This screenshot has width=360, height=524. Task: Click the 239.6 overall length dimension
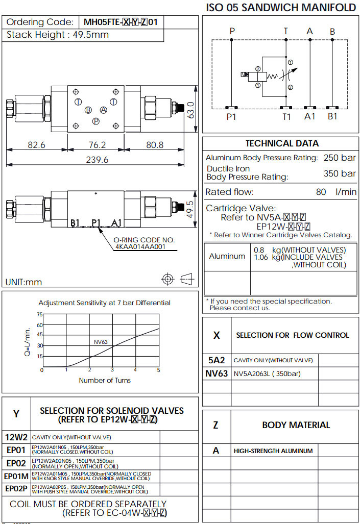[x=97, y=160]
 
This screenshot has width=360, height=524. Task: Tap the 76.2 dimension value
[x=97, y=145]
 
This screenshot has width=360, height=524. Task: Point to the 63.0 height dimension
[x=190, y=108]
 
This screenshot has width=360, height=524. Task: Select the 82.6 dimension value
[x=36, y=145]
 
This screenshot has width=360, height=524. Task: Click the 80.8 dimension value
[x=155, y=145]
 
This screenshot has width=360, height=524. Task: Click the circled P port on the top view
[x=95, y=121]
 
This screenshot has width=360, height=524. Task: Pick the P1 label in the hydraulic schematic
[x=232, y=116]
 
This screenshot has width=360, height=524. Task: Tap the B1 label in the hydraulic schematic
[x=332, y=116]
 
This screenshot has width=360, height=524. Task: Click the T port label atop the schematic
[x=286, y=31]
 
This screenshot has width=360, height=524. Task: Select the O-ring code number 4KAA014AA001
[x=140, y=247]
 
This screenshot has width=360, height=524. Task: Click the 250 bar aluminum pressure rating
[x=340, y=158]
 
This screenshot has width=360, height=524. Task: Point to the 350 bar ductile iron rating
[x=340, y=173]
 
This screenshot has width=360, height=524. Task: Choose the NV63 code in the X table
[x=217, y=373]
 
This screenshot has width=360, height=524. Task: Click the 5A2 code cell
[x=217, y=360]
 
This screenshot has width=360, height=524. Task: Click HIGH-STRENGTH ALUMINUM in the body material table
[x=273, y=451]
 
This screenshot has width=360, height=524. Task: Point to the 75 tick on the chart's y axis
[x=40, y=315]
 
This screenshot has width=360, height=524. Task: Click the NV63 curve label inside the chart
[x=101, y=342]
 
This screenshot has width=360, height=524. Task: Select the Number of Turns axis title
[x=105, y=380]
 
